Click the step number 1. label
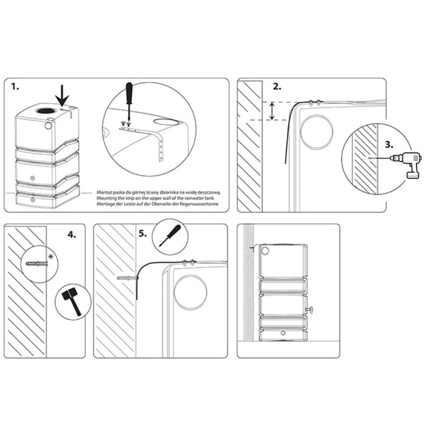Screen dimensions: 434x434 click(15, 87)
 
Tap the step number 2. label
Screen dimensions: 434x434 click(277, 87)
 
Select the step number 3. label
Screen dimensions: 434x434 click(389, 145)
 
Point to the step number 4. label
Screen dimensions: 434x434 click(72, 235)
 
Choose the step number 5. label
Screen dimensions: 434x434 click(143, 233)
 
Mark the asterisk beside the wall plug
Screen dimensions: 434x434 click(51, 257)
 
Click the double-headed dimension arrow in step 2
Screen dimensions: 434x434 click(273, 111)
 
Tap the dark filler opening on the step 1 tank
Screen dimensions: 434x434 click(43, 110)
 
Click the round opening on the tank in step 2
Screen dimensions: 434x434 click(317, 132)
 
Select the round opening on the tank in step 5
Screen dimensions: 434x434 click(191, 293)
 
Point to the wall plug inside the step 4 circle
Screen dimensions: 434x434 click(37, 263)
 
